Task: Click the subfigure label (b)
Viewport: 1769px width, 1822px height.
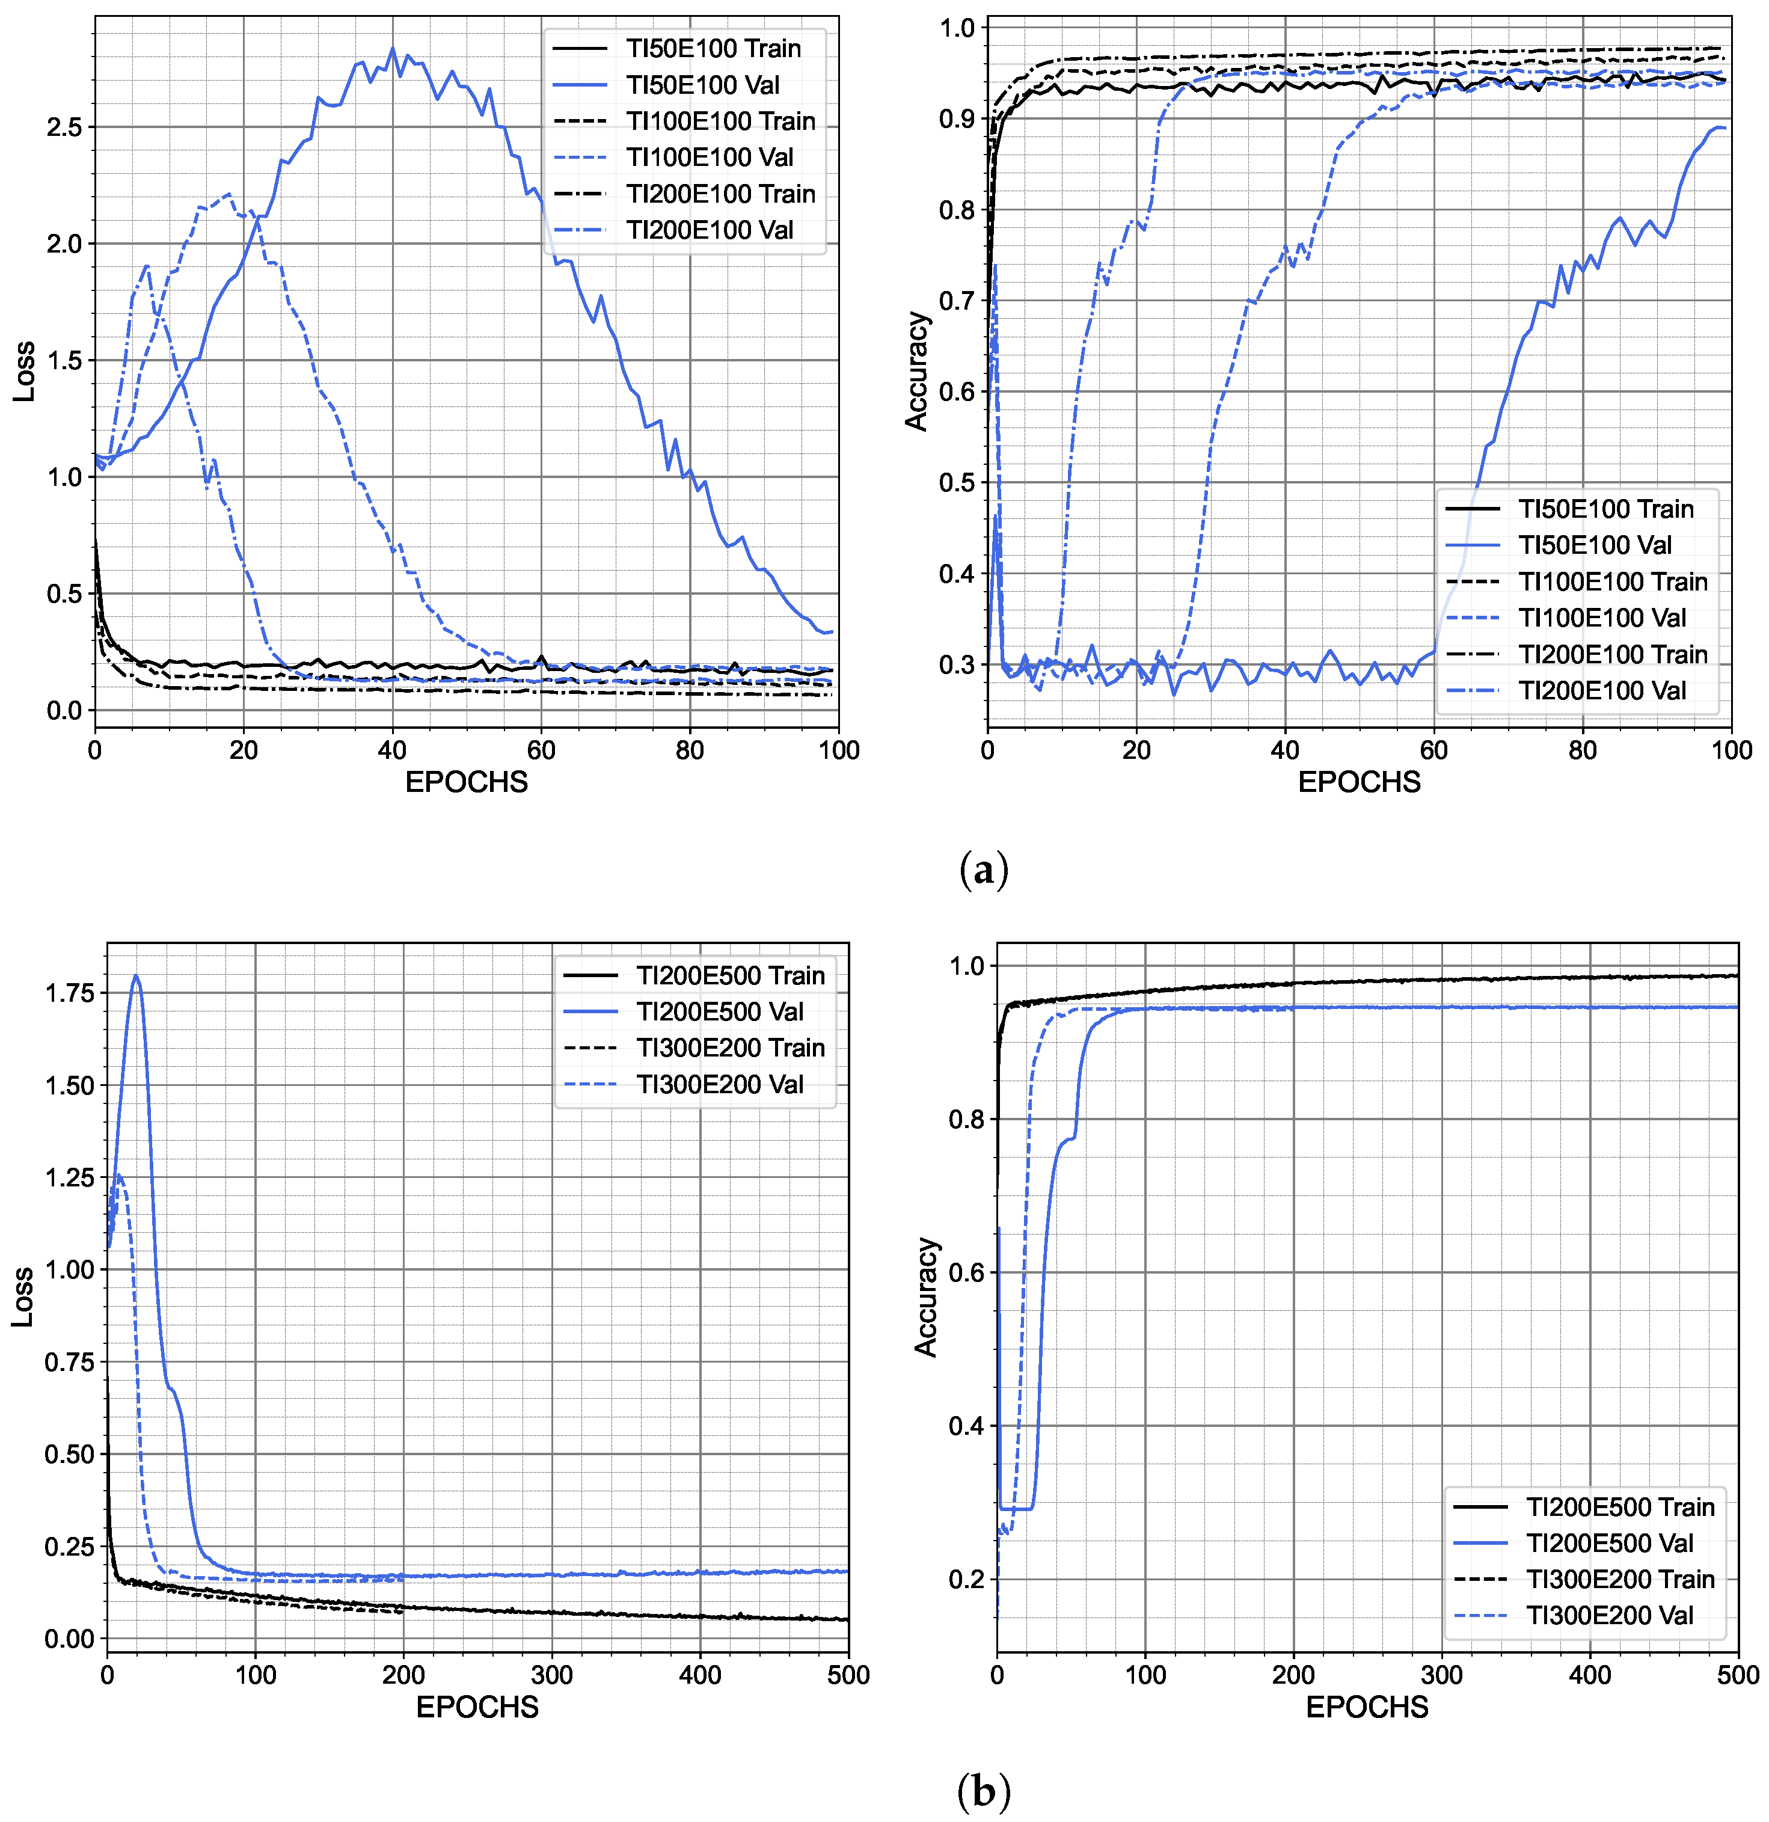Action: [x=983, y=1791]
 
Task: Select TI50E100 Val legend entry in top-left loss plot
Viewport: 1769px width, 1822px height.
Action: [x=703, y=85]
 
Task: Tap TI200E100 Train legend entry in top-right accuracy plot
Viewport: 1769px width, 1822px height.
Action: [x=1613, y=654]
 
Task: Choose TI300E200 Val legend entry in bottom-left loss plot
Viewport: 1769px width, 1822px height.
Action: [x=720, y=1084]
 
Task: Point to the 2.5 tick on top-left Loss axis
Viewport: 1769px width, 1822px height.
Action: [x=64, y=127]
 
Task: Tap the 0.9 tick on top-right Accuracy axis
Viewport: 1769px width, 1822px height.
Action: [x=957, y=119]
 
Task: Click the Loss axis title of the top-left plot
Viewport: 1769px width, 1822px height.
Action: [x=24, y=372]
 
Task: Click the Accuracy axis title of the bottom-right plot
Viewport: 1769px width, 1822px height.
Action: [x=926, y=1297]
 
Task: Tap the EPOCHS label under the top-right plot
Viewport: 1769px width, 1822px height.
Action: [x=1359, y=783]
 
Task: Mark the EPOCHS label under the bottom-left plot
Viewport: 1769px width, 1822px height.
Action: [x=477, y=1708]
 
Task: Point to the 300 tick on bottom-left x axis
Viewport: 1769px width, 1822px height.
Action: [x=551, y=1675]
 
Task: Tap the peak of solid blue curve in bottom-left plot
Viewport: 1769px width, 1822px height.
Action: [x=136, y=976]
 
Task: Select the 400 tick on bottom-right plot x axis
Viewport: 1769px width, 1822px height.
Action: [x=1590, y=1675]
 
